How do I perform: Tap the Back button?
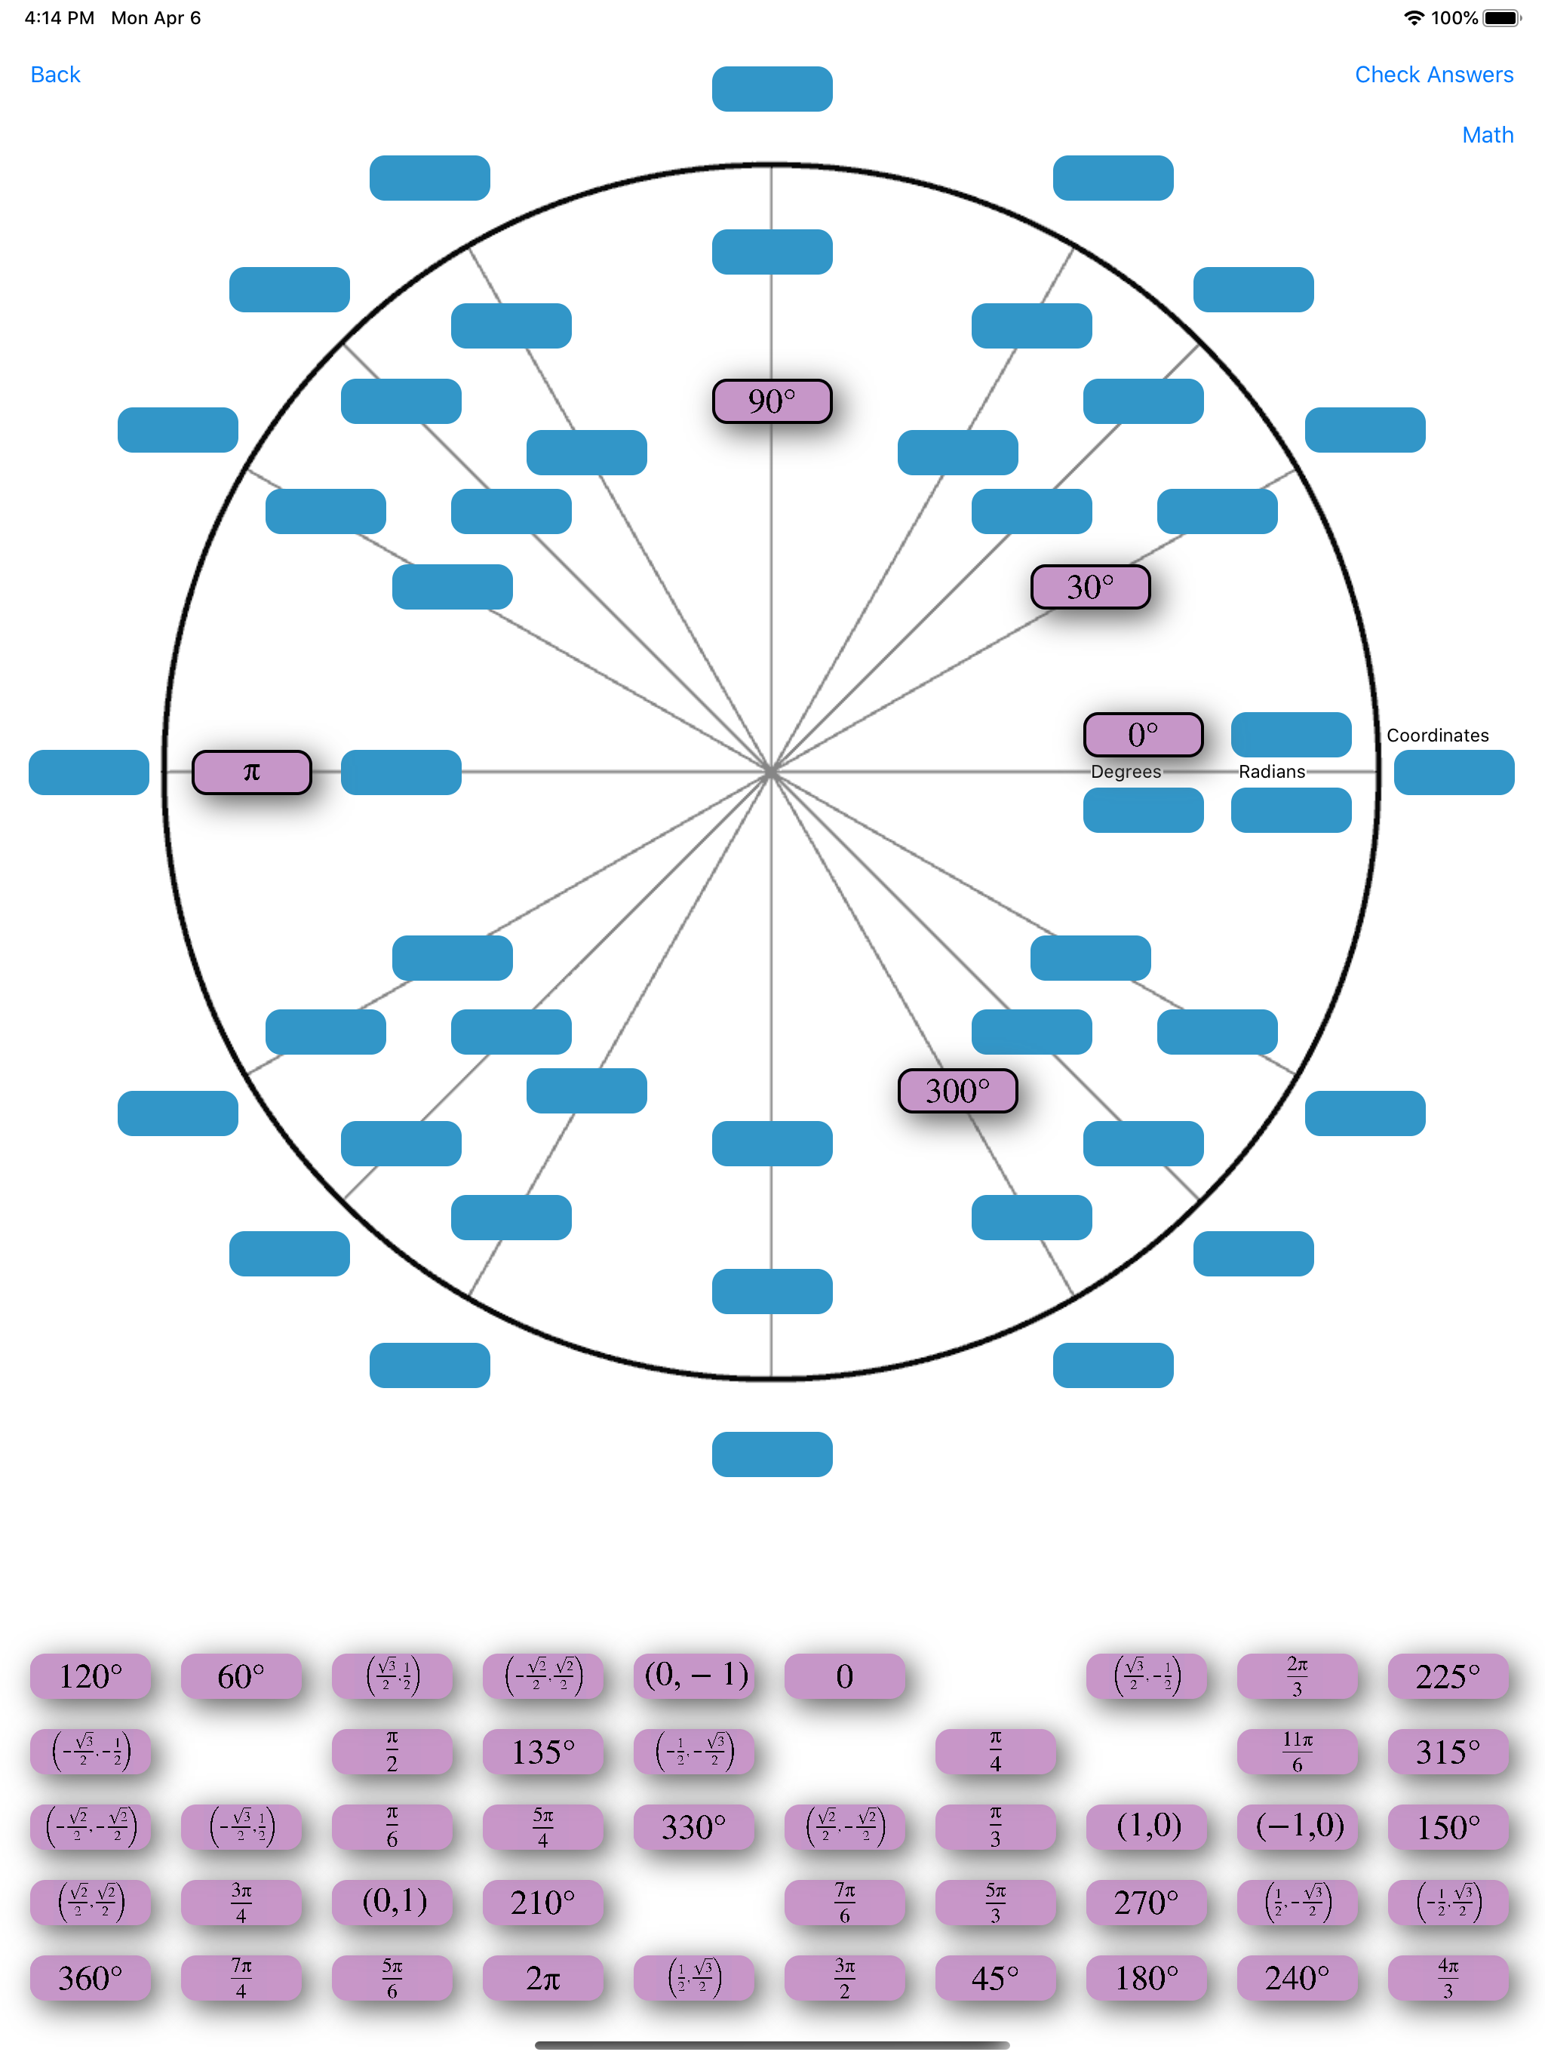coord(55,75)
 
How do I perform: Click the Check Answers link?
coord(1433,75)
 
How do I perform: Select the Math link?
coord(1487,135)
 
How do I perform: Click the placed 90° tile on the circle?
coord(772,401)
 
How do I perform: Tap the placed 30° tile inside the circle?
coord(1090,587)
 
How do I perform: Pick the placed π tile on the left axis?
coord(252,772)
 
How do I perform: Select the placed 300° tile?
coord(957,1091)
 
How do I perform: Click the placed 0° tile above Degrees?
coord(1142,735)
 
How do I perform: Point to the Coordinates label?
coord(1437,735)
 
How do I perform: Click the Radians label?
coord(1271,772)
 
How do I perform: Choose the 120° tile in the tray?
coord(91,1677)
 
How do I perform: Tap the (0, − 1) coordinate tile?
coord(694,1676)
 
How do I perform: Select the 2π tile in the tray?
coord(542,1978)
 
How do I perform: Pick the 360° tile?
coord(91,1978)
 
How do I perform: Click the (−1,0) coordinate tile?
coord(1297,1827)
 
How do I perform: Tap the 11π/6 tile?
coord(1297,1752)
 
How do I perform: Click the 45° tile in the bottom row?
coord(995,1978)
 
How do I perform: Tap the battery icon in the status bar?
coord(1500,17)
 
